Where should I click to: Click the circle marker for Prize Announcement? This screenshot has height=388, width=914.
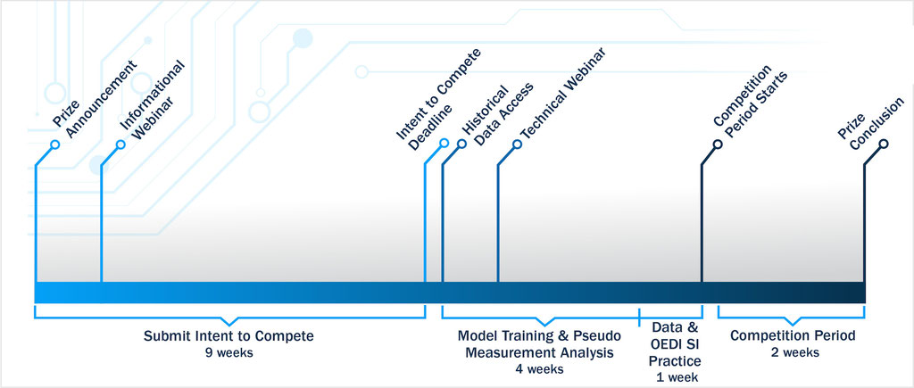point(55,144)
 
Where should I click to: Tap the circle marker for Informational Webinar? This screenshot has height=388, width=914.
point(121,144)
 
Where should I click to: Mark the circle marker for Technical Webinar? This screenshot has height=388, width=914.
point(517,144)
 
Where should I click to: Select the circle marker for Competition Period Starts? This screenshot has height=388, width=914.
point(718,144)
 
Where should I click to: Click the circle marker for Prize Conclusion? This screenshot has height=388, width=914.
point(885,144)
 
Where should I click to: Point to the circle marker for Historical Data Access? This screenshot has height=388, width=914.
point(461,144)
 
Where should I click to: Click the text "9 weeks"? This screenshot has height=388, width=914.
point(228,352)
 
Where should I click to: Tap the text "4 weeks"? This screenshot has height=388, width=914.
point(538,368)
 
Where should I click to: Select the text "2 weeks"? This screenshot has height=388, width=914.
point(793,352)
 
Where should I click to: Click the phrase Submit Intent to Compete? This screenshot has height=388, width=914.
point(228,336)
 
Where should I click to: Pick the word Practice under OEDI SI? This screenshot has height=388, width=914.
point(675,361)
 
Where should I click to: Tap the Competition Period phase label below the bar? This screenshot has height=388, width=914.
point(793,336)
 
